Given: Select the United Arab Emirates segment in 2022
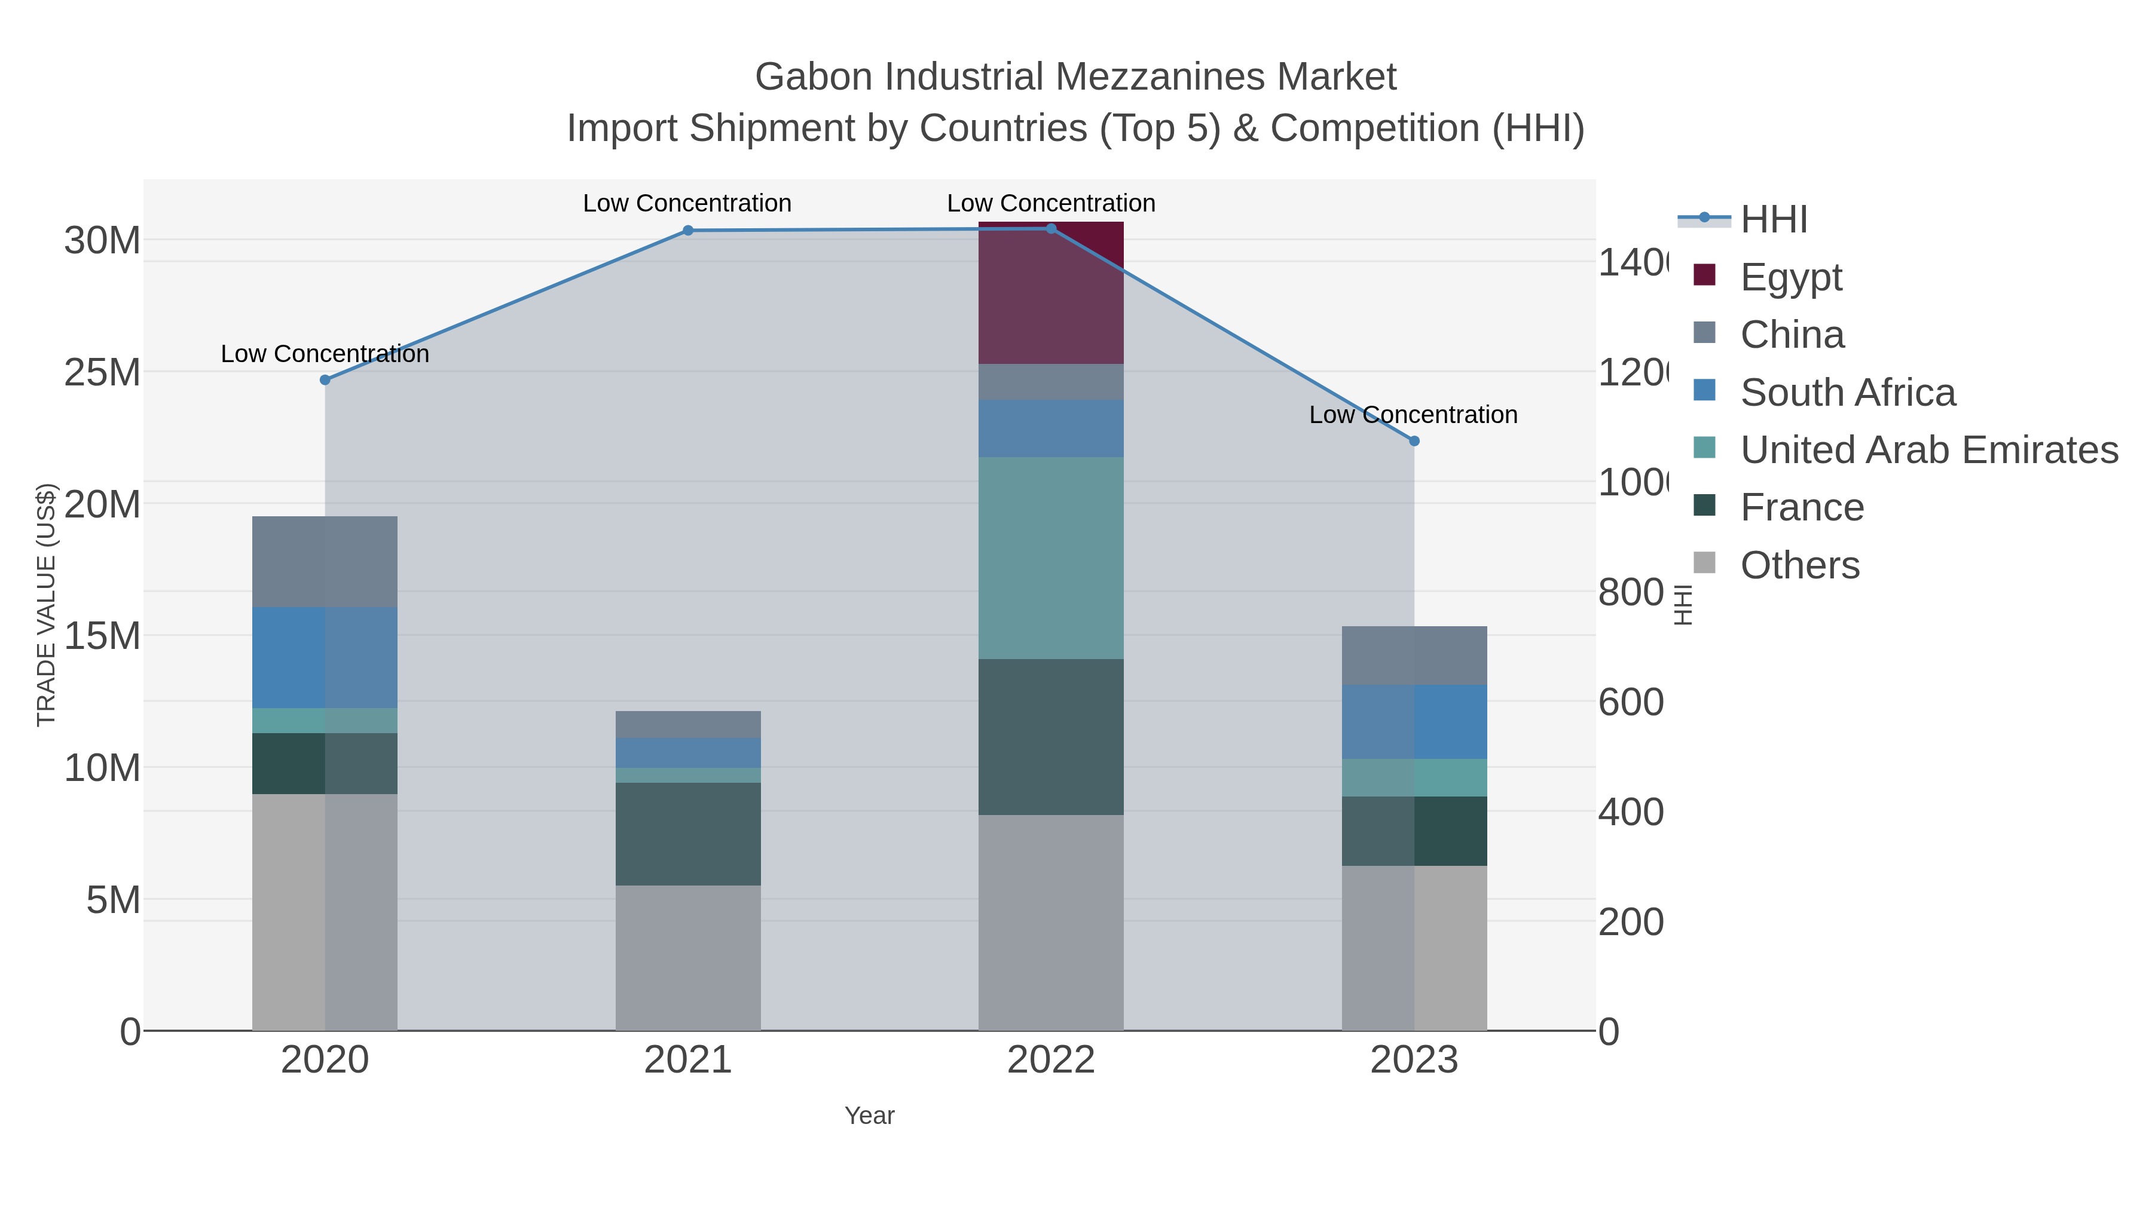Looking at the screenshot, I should click(x=1050, y=558).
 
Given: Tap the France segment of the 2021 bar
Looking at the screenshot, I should click(x=687, y=834).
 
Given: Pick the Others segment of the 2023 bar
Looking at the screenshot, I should click(x=1414, y=948).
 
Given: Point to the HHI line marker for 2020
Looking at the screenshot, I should click(x=325, y=380).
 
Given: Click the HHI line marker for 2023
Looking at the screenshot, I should click(x=1414, y=441).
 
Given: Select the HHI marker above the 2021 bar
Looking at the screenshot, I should click(x=687, y=231).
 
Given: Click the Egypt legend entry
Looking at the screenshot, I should click(x=1790, y=277).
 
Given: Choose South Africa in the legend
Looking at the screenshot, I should click(x=1847, y=393).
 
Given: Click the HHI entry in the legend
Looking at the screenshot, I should click(x=1774, y=220).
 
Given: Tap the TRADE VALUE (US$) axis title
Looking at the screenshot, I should click(x=46, y=605).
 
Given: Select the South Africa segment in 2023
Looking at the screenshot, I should click(x=1414, y=721).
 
